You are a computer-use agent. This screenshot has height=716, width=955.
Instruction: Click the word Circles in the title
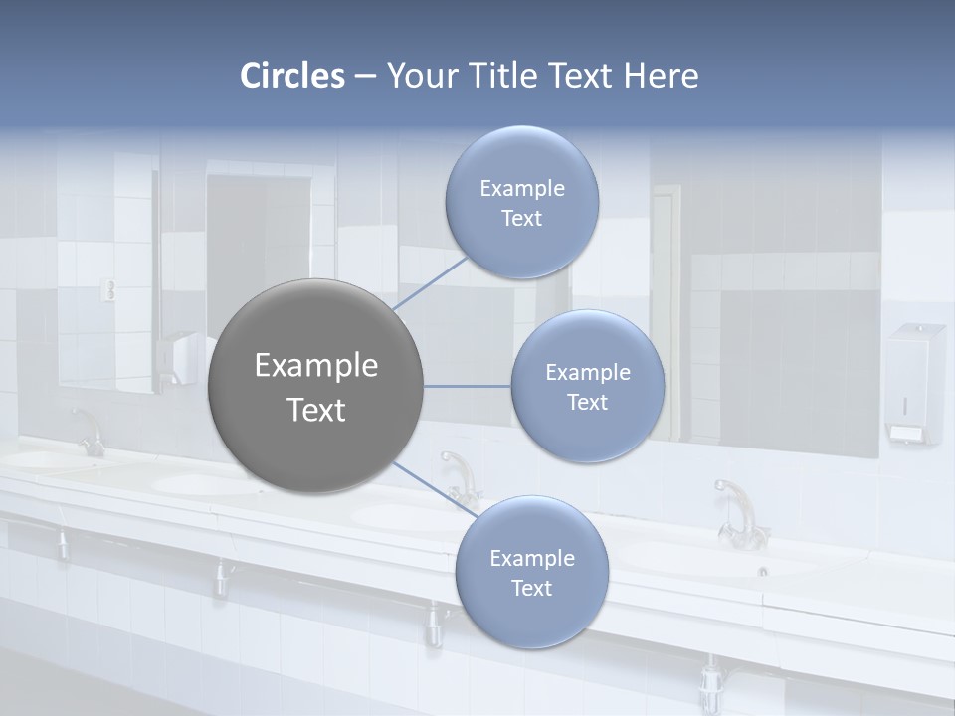coord(292,76)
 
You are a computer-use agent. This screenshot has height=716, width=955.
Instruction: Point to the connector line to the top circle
coord(430,284)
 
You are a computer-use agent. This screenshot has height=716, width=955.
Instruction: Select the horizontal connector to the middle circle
coord(467,386)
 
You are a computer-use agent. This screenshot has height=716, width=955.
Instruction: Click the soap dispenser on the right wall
coord(914,382)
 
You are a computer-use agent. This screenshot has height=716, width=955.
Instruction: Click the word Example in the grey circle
coord(315,366)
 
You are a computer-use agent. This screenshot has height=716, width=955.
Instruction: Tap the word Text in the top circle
coord(521,219)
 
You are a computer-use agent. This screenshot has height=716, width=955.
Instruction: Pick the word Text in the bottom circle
coord(531,589)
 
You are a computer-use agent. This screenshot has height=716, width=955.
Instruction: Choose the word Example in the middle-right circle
coord(588,373)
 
